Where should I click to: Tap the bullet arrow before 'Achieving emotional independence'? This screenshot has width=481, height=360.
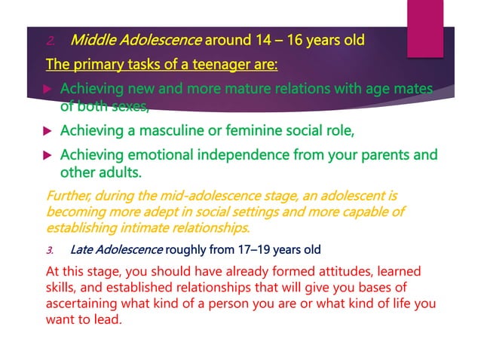(49, 157)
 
